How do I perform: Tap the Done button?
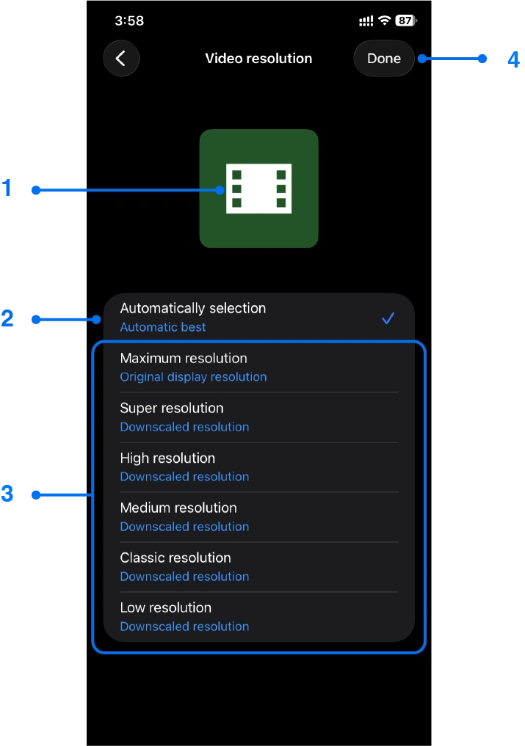(x=383, y=59)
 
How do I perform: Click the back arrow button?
(x=121, y=59)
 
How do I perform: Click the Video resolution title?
(x=258, y=59)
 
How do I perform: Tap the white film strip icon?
(x=258, y=189)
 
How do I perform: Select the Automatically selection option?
(x=192, y=309)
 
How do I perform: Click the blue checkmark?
(x=388, y=318)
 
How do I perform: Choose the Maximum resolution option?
(x=184, y=359)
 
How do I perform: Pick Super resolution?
(x=172, y=409)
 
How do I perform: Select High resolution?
(x=167, y=458)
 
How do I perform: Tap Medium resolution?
(x=178, y=508)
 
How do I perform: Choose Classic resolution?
(x=175, y=558)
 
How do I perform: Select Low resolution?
(x=166, y=608)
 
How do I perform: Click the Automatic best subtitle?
(x=163, y=327)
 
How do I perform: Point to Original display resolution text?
(x=193, y=377)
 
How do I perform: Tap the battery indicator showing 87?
(x=405, y=21)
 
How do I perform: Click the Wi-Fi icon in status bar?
(x=384, y=21)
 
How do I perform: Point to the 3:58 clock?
(x=129, y=21)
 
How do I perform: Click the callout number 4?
(x=514, y=59)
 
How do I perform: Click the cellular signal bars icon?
(x=366, y=21)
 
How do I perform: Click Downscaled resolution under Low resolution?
(x=184, y=626)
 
